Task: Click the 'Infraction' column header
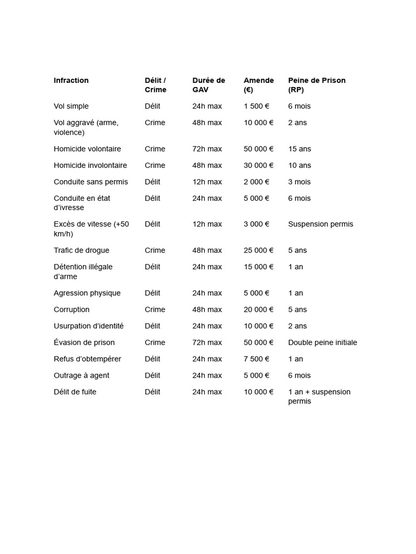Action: coord(71,81)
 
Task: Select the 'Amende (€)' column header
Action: coord(258,85)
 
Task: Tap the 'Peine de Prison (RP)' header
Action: coord(316,85)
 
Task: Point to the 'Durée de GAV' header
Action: coord(208,85)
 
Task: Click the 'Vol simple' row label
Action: coord(71,107)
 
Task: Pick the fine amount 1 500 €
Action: coord(256,107)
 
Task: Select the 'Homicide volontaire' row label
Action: coord(87,149)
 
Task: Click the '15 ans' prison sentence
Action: coord(300,149)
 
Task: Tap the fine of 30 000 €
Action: coord(258,166)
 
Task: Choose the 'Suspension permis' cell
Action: coord(320,224)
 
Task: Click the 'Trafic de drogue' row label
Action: coord(81,250)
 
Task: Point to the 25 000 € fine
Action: coord(258,250)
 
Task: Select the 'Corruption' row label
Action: coord(71,310)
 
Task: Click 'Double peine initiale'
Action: coord(322,342)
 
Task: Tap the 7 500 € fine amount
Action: coord(256,359)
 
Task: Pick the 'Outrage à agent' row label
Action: coord(81,375)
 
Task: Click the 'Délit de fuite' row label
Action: coord(75,392)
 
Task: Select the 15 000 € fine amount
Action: coord(258,267)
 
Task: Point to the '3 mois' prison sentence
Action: coord(299,182)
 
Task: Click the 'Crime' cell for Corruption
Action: coord(155,310)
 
